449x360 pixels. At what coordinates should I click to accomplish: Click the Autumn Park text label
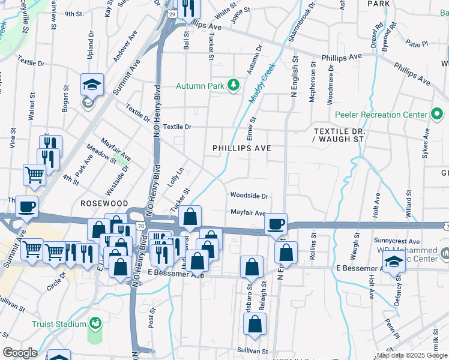click(199, 86)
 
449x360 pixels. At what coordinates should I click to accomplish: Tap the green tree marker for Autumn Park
click(234, 86)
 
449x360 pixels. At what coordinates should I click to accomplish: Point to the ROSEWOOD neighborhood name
click(104, 204)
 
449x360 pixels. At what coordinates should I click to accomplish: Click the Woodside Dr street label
click(249, 196)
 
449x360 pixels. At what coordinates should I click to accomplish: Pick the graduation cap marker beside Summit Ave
click(92, 85)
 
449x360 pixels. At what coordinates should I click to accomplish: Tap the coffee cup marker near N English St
click(276, 224)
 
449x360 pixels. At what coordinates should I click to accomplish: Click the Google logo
click(20, 353)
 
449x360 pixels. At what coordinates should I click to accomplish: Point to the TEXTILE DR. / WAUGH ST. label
click(340, 134)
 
